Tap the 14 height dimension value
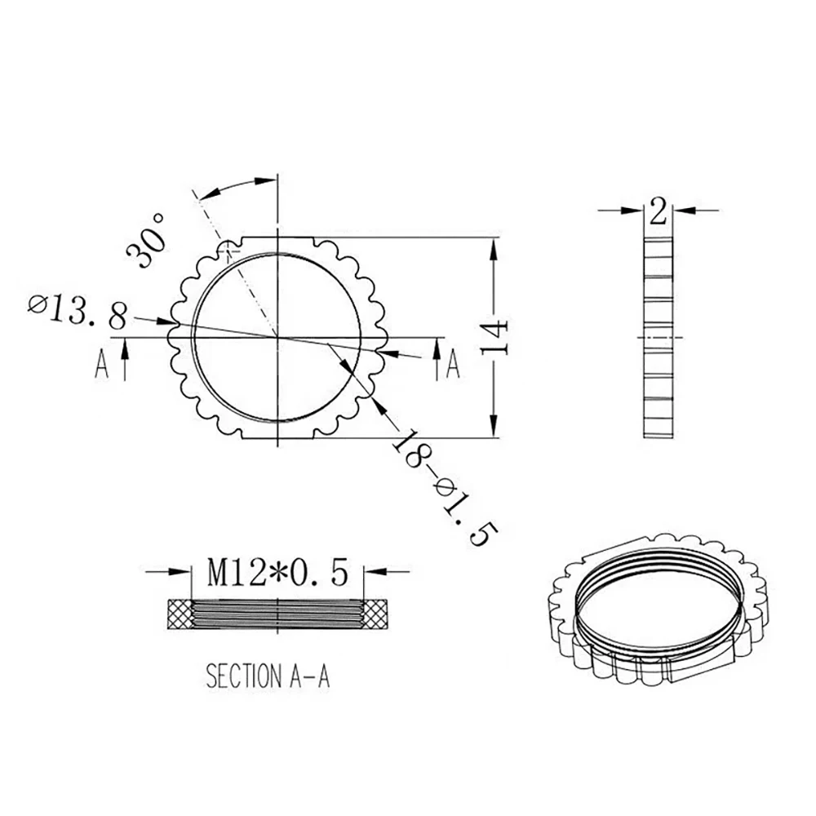pyautogui.click(x=497, y=336)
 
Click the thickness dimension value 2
pyautogui.click(x=659, y=212)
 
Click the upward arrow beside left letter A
pyautogui.click(x=124, y=359)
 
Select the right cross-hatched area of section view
pyautogui.click(x=376, y=614)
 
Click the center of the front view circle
pyautogui.click(x=278, y=337)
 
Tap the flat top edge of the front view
pyautogui.click(x=278, y=237)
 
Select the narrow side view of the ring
pyautogui.click(x=659, y=337)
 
